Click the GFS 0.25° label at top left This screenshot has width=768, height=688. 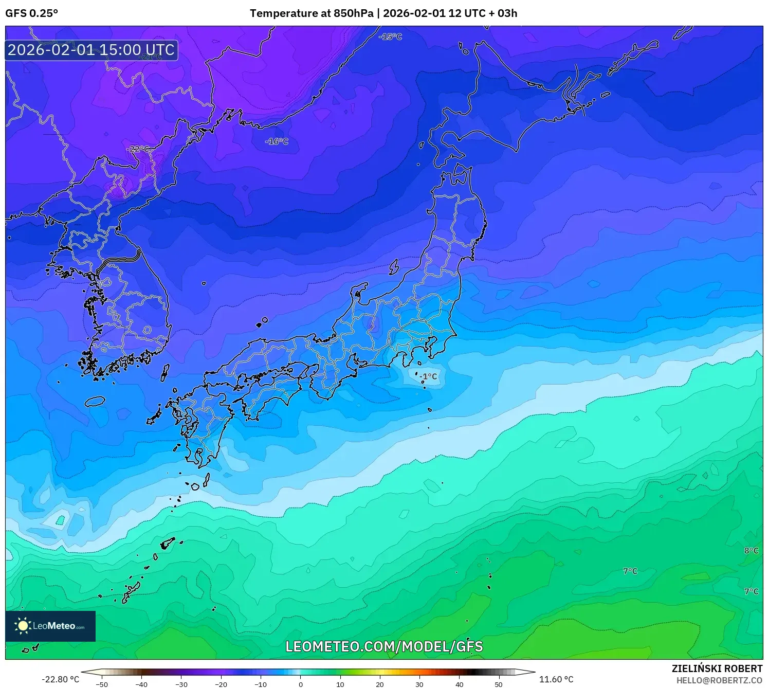pos(31,13)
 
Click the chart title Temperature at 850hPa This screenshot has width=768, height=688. pos(312,13)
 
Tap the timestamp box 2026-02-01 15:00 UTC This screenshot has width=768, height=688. pos(92,50)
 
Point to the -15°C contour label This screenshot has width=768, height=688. pos(390,37)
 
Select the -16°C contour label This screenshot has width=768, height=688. pos(277,141)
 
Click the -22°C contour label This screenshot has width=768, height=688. pos(138,149)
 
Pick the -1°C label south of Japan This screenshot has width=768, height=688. pos(428,376)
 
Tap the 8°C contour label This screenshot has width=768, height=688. pos(751,551)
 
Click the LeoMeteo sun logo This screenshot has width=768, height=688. pos(23,626)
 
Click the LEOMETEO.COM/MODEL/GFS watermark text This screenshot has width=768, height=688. pos(384,646)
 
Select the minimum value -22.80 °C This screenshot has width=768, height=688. pos(60,679)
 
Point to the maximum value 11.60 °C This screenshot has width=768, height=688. pos(556,679)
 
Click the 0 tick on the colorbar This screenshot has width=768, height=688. pos(301,684)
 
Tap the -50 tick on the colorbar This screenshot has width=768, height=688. pos(102,684)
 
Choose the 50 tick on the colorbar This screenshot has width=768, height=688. pos(499,684)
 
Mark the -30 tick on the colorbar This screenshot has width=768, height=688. pos(181,684)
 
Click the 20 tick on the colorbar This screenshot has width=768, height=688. pos(380,684)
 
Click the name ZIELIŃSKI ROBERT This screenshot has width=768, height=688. pos(717,668)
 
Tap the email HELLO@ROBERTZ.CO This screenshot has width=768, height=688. pos(719,680)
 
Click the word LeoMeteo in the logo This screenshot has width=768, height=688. pos(54,626)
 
